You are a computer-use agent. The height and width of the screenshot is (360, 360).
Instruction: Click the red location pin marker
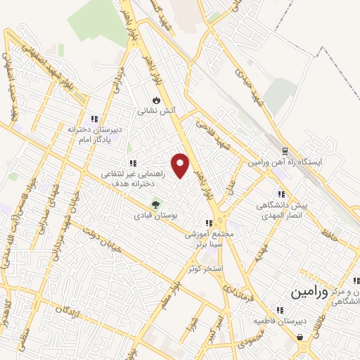(x=181, y=165)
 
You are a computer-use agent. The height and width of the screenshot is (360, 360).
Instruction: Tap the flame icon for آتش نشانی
(x=155, y=99)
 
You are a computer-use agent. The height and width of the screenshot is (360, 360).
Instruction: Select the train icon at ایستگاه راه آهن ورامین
(x=285, y=151)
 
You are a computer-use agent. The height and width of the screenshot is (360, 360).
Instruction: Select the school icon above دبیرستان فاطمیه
(x=280, y=309)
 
